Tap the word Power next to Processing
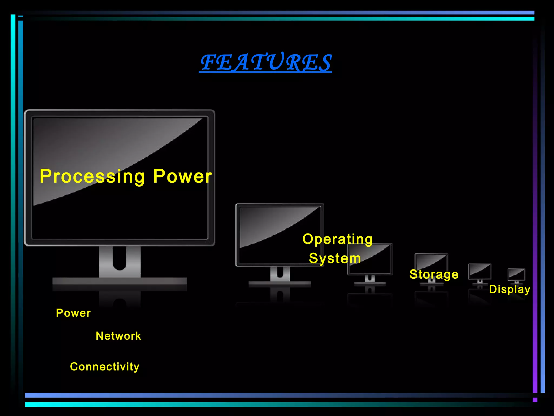click(183, 176)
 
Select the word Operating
click(338, 239)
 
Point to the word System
click(335, 258)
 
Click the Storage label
click(434, 274)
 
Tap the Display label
click(510, 289)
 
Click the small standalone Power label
click(73, 313)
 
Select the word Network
click(118, 336)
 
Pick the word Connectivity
click(105, 367)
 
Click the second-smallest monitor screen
click(480, 271)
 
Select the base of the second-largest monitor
click(280, 284)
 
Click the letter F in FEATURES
click(209, 62)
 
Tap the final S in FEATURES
click(324, 63)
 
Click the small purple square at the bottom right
click(535, 400)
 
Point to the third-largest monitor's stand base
click(370, 284)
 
